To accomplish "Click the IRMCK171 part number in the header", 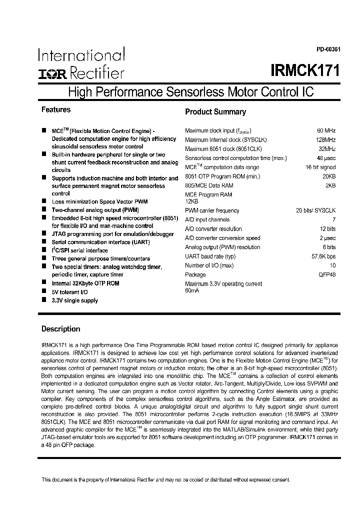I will (305, 70).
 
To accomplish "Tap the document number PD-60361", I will (328, 49).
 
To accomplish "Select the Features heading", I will (55, 109).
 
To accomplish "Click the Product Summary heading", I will (215, 112).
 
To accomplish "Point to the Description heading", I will (60, 329).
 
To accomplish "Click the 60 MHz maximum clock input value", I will (326, 130).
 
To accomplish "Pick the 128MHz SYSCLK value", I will (325, 139).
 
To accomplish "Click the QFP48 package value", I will (325, 274).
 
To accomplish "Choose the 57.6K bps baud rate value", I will (322, 256).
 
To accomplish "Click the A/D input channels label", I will (207, 219).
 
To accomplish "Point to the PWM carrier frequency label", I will (212, 210).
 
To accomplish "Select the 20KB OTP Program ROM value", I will (328, 176).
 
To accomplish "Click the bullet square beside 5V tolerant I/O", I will (44, 291).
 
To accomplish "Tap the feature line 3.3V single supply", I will (74, 300).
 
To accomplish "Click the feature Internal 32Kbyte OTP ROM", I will (85, 283).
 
